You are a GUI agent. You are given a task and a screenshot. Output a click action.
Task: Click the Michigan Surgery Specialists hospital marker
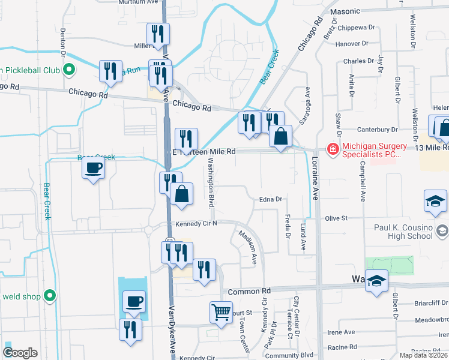tap(331, 148)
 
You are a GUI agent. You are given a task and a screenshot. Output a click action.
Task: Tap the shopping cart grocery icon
tap(221, 312)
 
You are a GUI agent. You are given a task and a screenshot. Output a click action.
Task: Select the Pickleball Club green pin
tap(69, 70)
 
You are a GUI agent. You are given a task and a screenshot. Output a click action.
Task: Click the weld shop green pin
tap(51, 296)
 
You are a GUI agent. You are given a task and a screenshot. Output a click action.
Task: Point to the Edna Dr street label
tap(271, 199)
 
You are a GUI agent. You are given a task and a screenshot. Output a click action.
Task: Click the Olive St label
tap(336, 218)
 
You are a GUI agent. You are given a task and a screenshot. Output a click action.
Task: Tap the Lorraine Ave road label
tap(315, 179)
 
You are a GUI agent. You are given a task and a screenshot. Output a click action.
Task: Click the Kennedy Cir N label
tap(196, 224)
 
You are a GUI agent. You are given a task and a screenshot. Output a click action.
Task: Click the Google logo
tap(20, 353)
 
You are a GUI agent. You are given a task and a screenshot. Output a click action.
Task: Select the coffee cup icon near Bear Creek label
tap(94, 169)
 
